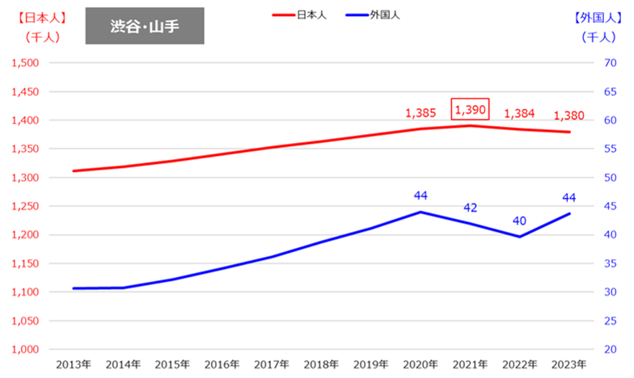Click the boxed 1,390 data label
[x=470, y=108]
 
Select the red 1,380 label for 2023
[x=568, y=115]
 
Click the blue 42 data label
[x=470, y=208]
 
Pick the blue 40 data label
[x=519, y=220]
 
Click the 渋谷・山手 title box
[x=145, y=26]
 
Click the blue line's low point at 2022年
[x=519, y=237]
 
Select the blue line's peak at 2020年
[x=421, y=212]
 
